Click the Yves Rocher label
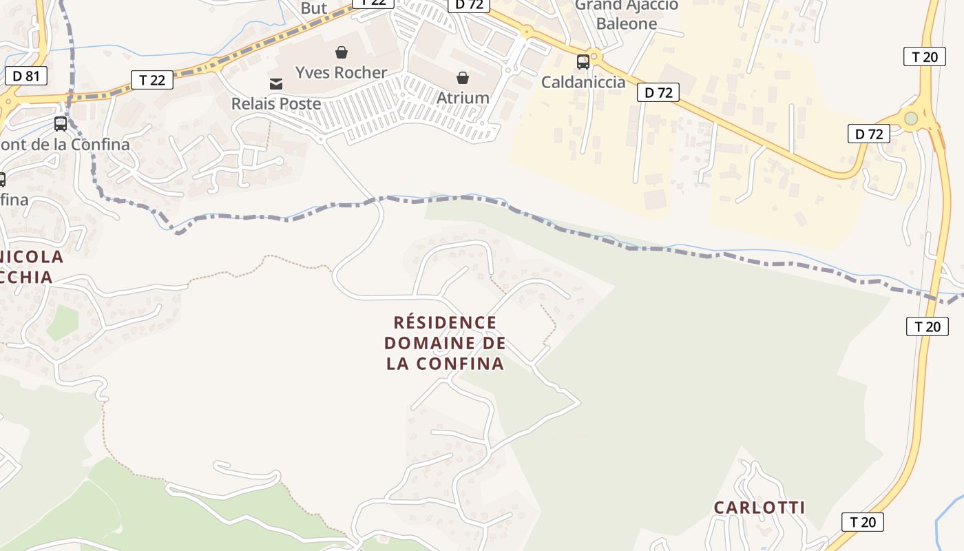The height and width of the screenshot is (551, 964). click(341, 72)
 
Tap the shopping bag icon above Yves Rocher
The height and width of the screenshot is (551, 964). click(341, 52)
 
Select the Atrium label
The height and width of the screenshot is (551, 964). click(463, 98)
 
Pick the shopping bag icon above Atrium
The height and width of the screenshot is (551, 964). click(463, 78)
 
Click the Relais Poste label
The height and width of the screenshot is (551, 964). click(276, 104)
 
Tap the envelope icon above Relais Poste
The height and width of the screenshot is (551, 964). click(276, 84)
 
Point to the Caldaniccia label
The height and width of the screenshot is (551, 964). click(583, 83)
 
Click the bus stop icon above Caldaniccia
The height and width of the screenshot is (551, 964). click(583, 62)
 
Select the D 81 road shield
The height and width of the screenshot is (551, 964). click(26, 76)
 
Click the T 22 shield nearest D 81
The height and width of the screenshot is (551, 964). click(152, 80)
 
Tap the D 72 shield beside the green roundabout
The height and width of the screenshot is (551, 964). click(869, 134)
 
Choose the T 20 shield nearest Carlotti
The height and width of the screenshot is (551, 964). click(863, 522)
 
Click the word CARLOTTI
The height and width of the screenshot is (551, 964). click(759, 508)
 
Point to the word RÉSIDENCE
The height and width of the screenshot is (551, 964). click(445, 322)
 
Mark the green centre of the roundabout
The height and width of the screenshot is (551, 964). click(912, 118)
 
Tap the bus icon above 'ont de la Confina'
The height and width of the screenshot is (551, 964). click(61, 124)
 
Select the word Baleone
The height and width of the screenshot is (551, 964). click(627, 23)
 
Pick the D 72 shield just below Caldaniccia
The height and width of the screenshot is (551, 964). click(658, 92)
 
